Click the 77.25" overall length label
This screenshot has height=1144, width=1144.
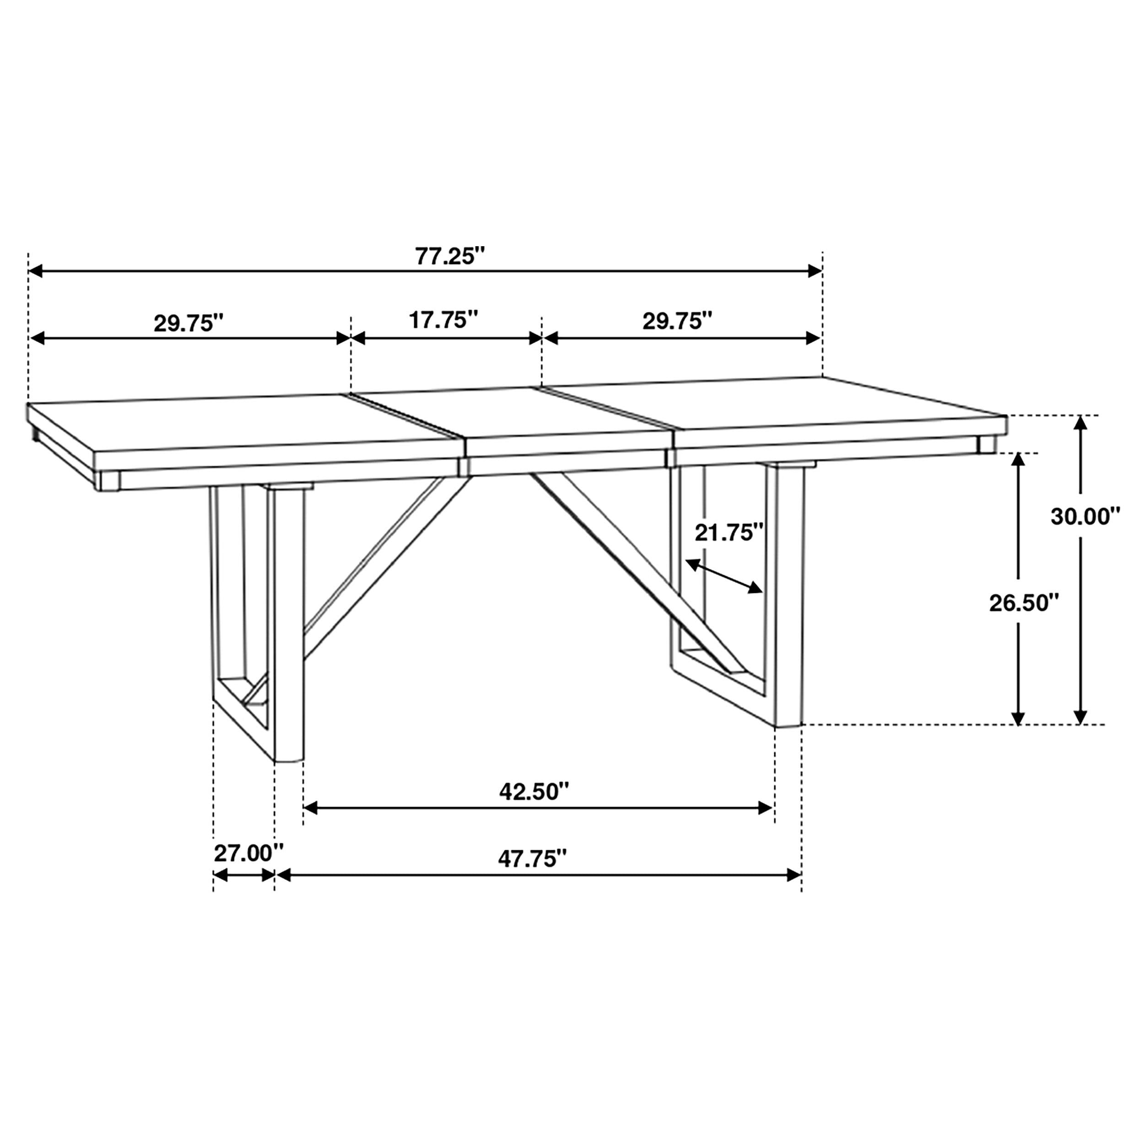(x=449, y=256)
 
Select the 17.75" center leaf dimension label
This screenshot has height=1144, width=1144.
(x=443, y=320)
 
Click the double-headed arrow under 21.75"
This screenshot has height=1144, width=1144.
(x=724, y=576)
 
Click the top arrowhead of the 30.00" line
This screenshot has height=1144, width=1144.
(x=1081, y=423)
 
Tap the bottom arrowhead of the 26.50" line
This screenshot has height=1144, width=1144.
(x=1018, y=717)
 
